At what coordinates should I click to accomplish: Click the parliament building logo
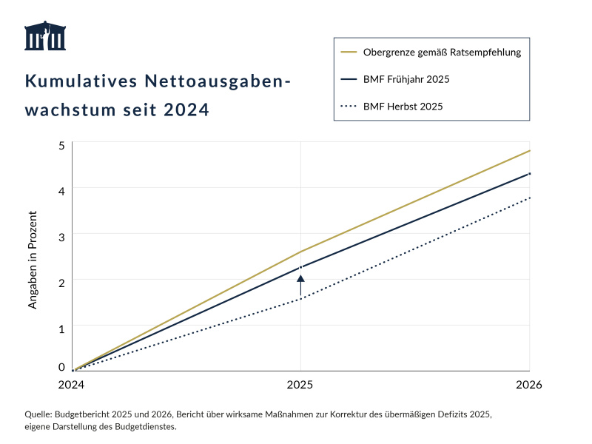[x=45, y=36]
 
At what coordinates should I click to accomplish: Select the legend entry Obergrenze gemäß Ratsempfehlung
[x=443, y=53]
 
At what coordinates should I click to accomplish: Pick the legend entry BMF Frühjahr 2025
[x=406, y=79]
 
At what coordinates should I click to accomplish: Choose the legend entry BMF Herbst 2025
[x=403, y=107]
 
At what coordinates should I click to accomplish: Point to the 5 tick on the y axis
[x=62, y=144]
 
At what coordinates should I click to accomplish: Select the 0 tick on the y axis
[x=62, y=366]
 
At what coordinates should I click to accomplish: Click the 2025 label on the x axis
[x=300, y=385]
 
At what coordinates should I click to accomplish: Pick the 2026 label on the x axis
[x=529, y=385]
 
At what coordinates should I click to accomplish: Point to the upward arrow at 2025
[x=300, y=285]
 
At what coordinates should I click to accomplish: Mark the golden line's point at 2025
[x=300, y=252]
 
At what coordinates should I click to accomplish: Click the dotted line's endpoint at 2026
[x=529, y=198]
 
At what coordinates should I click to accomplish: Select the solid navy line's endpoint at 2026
[x=529, y=174]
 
